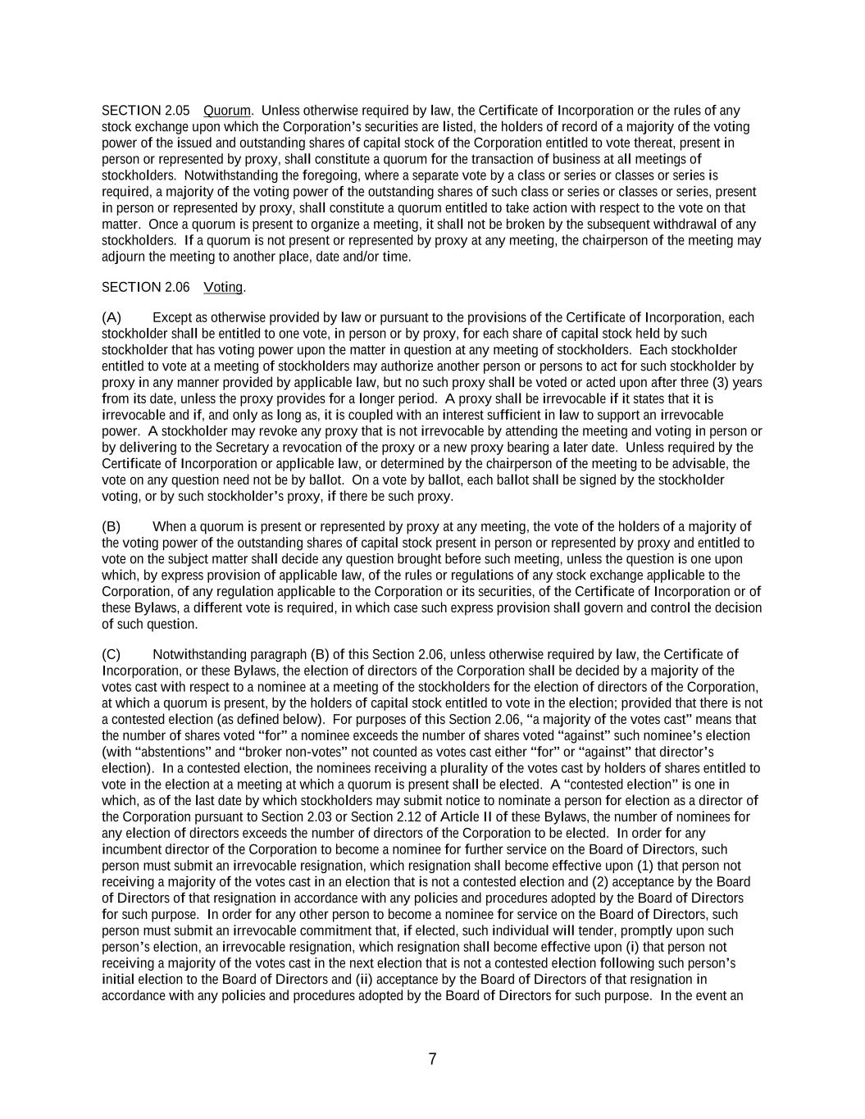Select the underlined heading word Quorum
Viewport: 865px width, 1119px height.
pyautogui.click(x=227, y=111)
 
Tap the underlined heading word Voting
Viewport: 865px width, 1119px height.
pyautogui.click(x=223, y=288)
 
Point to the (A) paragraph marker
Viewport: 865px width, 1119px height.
pyautogui.click(x=112, y=318)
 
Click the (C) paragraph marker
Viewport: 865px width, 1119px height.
pyautogui.click(x=112, y=655)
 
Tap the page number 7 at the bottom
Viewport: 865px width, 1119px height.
pyautogui.click(x=432, y=1059)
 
